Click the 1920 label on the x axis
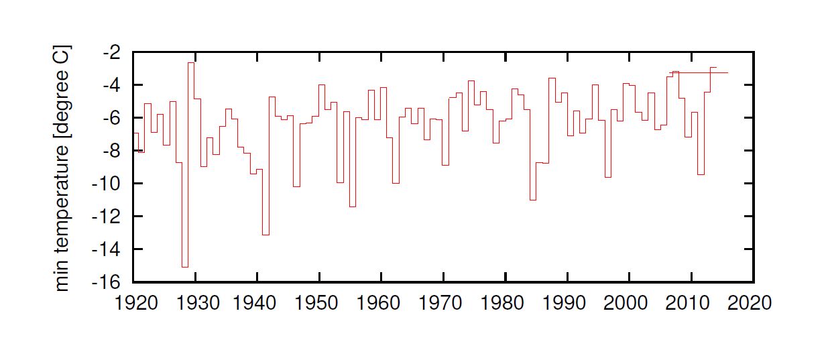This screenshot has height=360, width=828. [x=136, y=303]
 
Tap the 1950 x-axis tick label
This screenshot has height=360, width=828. [x=316, y=303]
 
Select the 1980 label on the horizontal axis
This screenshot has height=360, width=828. [x=502, y=303]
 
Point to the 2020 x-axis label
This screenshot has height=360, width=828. [x=750, y=303]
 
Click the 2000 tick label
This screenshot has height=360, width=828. [x=626, y=303]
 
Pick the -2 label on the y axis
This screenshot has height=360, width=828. [x=112, y=53]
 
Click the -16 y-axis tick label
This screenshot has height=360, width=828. [x=107, y=283]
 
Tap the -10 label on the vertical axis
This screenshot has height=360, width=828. [x=107, y=184]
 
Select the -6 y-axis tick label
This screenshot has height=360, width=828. [x=112, y=118]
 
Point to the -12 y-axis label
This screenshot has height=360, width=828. [x=107, y=217]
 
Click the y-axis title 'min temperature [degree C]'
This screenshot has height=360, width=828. [x=62, y=168]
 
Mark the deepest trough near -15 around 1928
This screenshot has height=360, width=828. [x=185, y=267]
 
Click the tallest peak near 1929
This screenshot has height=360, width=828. [x=191, y=63]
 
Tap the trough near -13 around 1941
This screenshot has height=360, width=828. [x=265, y=235]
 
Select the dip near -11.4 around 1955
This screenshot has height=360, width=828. [x=353, y=206]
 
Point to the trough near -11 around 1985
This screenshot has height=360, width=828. [x=533, y=200]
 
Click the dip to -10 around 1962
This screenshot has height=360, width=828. [x=396, y=183]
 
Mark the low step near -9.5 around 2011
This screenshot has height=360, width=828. [x=701, y=174]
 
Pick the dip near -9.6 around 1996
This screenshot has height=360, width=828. [x=608, y=177]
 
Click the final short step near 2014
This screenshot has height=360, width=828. [x=713, y=67]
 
